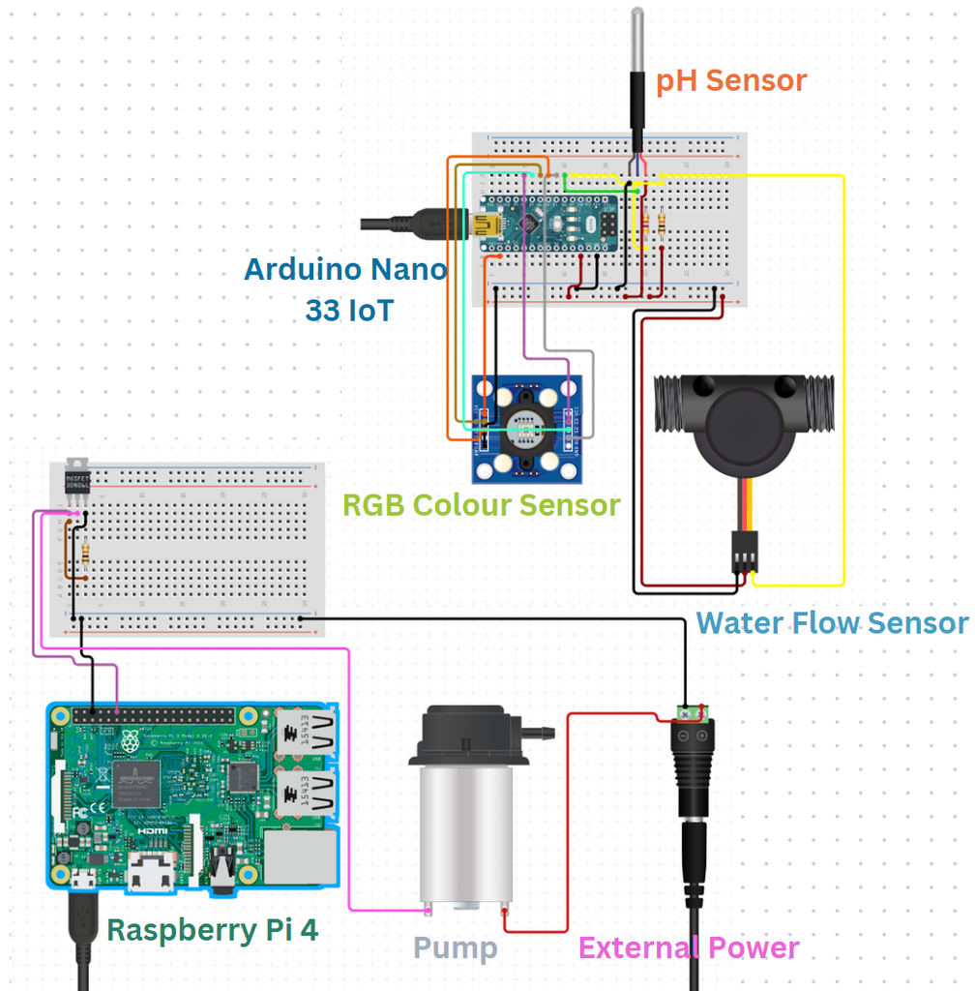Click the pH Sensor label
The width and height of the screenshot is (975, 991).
pyautogui.click(x=730, y=80)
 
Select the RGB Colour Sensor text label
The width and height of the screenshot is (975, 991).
pyautogui.click(x=481, y=504)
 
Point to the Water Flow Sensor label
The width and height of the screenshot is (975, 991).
pyautogui.click(x=832, y=622)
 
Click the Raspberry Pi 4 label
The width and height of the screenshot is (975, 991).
pyautogui.click(x=212, y=930)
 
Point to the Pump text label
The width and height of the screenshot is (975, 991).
pyautogui.click(x=455, y=948)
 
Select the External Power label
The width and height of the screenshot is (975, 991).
pyautogui.click(x=688, y=948)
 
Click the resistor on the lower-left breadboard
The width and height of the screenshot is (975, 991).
pyautogui.click(x=88, y=554)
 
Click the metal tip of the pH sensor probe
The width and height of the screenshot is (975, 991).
pyautogui.click(x=637, y=39)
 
